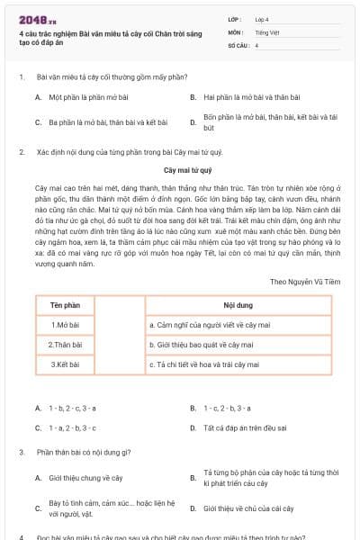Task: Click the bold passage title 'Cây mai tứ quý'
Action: click(x=187, y=169)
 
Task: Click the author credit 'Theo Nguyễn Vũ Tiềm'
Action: click(x=305, y=281)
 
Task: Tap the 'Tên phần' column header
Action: click(x=65, y=307)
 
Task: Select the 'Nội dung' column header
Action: click(x=238, y=307)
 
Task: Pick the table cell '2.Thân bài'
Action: click(x=65, y=345)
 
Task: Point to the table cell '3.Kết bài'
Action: click(x=65, y=364)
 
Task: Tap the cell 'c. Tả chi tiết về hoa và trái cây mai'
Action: click(x=203, y=364)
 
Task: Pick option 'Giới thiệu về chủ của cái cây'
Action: click(x=248, y=508)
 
